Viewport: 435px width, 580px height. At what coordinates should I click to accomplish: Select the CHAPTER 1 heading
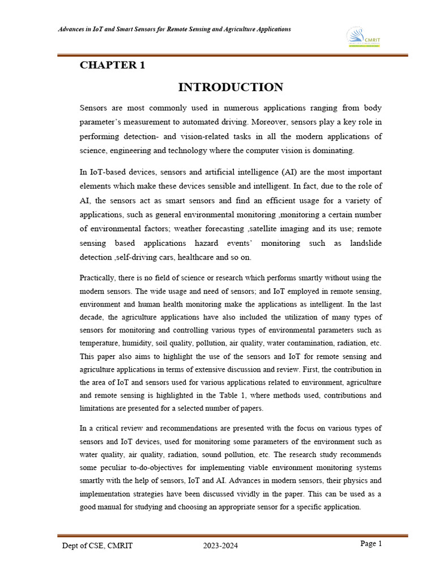112,65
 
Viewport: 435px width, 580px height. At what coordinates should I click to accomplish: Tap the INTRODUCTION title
231,87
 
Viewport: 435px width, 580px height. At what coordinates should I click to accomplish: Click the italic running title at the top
174,29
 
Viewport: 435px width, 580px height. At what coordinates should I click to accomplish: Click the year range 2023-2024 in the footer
221,546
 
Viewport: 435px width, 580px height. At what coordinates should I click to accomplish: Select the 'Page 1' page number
372,544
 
